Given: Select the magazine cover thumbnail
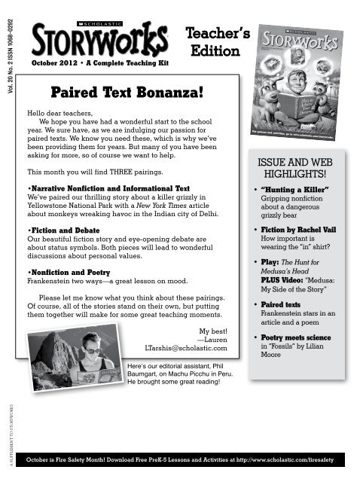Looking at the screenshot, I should tap(299, 83).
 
